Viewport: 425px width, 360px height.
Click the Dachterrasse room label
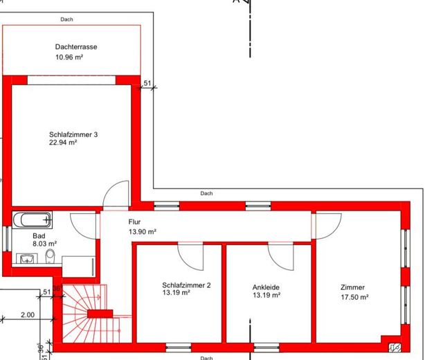pyautogui.click(x=76, y=47)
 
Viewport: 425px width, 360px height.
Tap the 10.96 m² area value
pyautogui.click(x=69, y=57)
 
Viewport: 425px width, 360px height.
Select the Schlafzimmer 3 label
pyautogui.click(x=73, y=134)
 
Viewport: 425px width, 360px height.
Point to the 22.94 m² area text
pyautogui.click(x=63, y=143)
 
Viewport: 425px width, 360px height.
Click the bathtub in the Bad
pyautogui.click(x=33, y=219)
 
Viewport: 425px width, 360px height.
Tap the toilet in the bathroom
pyautogui.click(x=50, y=256)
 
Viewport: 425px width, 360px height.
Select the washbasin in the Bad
pyautogui.click(x=27, y=258)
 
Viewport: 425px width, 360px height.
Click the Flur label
pyautogui.click(x=134, y=222)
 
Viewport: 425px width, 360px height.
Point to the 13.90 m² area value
pyautogui.click(x=143, y=232)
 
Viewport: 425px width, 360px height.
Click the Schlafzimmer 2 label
pyautogui.click(x=186, y=285)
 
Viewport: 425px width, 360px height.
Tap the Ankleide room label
pyautogui.click(x=266, y=287)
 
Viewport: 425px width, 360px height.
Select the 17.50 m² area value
pyautogui.click(x=354, y=297)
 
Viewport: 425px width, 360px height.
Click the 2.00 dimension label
pyautogui.click(x=28, y=315)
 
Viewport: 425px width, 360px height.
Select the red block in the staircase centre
pyautogui.click(x=100, y=314)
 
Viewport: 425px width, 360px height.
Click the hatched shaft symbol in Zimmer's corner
pyautogui.click(x=395, y=348)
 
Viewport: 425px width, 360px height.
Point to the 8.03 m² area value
pyautogui.click(x=45, y=244)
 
